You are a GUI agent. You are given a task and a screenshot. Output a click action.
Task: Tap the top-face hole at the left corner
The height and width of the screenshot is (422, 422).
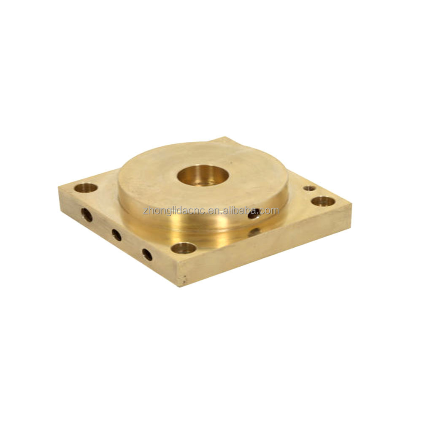pyautogui.click(x=86, y=188)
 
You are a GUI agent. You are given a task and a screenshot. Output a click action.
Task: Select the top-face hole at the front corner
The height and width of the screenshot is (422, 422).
pyautogui.click(x=184, y=248)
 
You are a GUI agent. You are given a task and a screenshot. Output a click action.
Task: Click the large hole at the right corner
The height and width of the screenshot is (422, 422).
pyautogui.click(x=323, y=201)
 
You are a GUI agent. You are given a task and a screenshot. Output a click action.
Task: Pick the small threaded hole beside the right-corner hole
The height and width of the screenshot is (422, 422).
pyautogui.click(x=309, y=188)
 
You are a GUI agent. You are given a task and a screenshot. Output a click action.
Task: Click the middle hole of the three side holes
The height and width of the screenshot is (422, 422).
pyautogui.click(x=116, y=235)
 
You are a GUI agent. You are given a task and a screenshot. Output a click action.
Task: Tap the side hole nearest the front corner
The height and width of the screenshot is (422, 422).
pyautogui.click(x=147, y=254)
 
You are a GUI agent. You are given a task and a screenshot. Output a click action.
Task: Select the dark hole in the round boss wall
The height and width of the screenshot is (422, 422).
pyautogui.click(x=254, y=214)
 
